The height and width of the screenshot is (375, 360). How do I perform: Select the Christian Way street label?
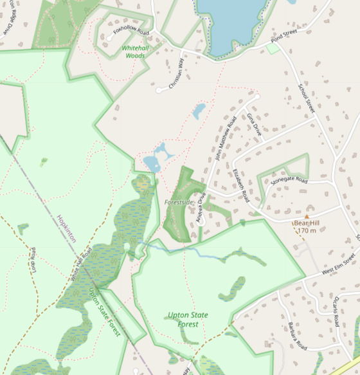[x=175, y=75]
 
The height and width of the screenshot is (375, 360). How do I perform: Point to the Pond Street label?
[x=285, y=36]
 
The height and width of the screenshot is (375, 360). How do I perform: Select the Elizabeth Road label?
[x=240, y=187]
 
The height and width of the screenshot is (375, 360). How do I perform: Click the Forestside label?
[x=179, y=202]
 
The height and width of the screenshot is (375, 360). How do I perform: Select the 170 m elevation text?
[x=307, y=230]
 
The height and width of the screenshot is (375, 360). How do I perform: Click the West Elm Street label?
[x=339, y=265]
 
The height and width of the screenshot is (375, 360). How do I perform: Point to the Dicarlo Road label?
[x=336, y=311]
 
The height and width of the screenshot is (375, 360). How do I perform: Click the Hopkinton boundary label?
[x=66, y=228]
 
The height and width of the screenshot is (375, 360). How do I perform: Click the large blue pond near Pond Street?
[x=230, y=26]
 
